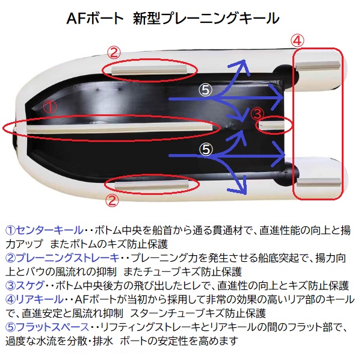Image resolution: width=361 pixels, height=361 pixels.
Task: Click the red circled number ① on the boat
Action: click(x=50, y=107)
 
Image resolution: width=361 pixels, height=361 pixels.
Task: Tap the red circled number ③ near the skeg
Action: click(x=257, y=114)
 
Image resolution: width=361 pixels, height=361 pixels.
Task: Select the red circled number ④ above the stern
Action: click(x=297, y=40)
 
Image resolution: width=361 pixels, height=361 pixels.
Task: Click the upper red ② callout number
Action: click(x=114, y=52)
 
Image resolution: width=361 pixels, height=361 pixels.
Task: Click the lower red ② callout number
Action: click(x=112, y=200)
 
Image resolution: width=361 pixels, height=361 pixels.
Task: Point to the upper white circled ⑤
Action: click(x=205, y=90)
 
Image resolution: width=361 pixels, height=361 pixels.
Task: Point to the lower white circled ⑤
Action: click(x=206, y=149)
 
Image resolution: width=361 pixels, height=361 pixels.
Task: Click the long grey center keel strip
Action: click(x=119, y=128)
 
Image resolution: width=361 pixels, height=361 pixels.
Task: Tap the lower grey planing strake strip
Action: click(x=152, y=185)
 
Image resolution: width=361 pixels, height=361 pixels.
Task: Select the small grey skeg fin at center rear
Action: click(x=272, y=125)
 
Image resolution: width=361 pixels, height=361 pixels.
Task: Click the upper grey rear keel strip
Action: click(x=318, y=66)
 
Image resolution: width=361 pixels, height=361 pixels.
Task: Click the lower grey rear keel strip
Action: click(x=318, y=182)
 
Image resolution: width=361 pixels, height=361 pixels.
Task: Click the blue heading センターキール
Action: click(x=50, y=230)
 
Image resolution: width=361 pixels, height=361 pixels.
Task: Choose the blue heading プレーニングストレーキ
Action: click(x=68, y=258)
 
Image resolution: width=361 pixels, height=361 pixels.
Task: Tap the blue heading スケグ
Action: click(x=30, y=285)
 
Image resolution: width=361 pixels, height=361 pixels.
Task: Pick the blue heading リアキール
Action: click(x=40, y=299)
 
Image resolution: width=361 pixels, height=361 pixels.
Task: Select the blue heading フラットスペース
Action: click(x=53, y=327)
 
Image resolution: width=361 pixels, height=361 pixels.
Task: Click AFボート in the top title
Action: click(x=95, y=18)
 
